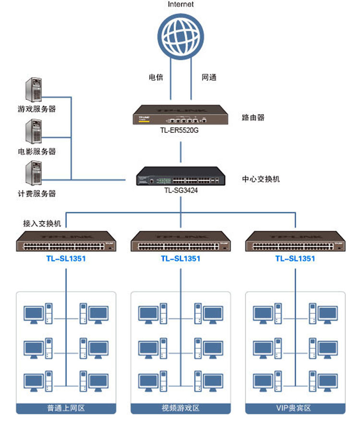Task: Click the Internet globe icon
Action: coord(180,35)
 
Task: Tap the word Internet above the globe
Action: coord(181,4)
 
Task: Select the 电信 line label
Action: coord(156,77)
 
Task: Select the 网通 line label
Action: coord(209,77)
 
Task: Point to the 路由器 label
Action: coord(253,118)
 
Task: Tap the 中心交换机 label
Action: coord(261,179)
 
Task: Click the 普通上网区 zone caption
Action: coord(66,408)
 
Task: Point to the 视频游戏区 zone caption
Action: coord(180,408)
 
